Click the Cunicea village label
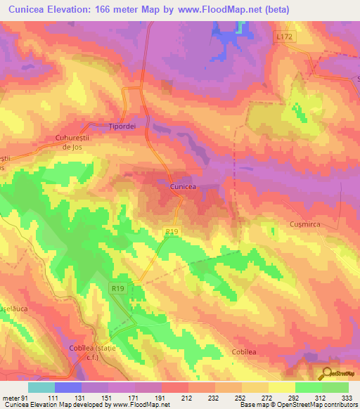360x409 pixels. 182,187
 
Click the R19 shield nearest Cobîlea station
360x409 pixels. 117,288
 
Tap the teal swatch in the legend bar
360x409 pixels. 41,387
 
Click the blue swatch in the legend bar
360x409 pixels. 68,387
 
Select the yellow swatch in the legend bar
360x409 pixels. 281,387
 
